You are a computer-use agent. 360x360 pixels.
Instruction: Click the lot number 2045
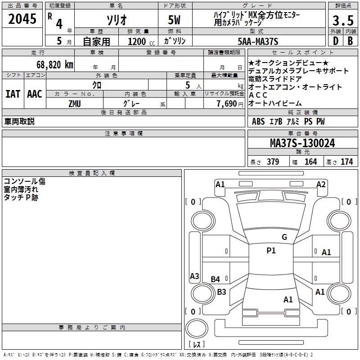tap(23, 20)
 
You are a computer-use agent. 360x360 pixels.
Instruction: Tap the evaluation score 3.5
tap(342, 21)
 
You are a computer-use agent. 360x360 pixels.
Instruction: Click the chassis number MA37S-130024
tap(302, 143)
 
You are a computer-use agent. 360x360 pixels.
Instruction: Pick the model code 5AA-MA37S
tap(258, 42)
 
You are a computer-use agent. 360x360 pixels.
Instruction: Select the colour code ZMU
tap(75, 103)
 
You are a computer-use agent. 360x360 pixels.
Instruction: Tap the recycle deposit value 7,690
tap(226, 103)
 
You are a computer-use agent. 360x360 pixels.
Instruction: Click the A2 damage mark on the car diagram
tap(321, 184)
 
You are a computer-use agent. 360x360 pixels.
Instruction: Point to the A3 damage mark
tap(194, 276)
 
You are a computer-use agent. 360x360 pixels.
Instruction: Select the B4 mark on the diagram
tap(216, 279)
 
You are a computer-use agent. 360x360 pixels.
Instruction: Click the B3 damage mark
tap(221, 292)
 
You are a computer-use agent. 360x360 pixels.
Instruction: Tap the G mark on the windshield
tap(284, 237)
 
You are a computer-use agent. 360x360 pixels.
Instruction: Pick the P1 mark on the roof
tap(271, 251)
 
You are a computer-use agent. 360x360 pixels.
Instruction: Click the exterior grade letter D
tap(335, 42)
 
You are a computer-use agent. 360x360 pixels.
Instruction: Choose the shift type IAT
tap(13, 94)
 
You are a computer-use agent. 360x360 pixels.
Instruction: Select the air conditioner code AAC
tap(35, 94)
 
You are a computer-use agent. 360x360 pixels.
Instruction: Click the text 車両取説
tap(19, 121)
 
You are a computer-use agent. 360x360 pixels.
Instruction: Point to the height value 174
tap(346, 162)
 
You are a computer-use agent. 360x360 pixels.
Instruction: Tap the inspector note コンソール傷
tap(24, 181)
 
